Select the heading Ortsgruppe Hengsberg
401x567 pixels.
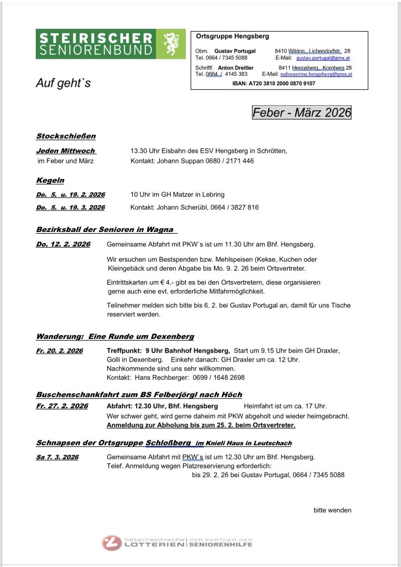click(232, 37)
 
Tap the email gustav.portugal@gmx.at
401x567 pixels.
click(323, 58)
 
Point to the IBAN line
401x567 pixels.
click(274, 83)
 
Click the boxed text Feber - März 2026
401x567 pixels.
click(301, 112)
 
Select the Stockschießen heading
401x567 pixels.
click(66, 136)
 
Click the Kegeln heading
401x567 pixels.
click(50, 181)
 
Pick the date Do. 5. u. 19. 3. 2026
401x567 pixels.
click(70, 208)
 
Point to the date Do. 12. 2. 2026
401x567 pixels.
click(63, 244)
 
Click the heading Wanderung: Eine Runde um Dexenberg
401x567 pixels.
click(115, 336)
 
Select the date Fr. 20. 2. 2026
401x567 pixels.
click(59, 351)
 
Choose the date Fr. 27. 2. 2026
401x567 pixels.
click(62, 406)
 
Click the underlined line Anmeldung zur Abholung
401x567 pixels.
click(201, 425)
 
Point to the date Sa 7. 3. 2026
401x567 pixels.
click(58, 457)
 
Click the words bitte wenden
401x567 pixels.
click(332, 510)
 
